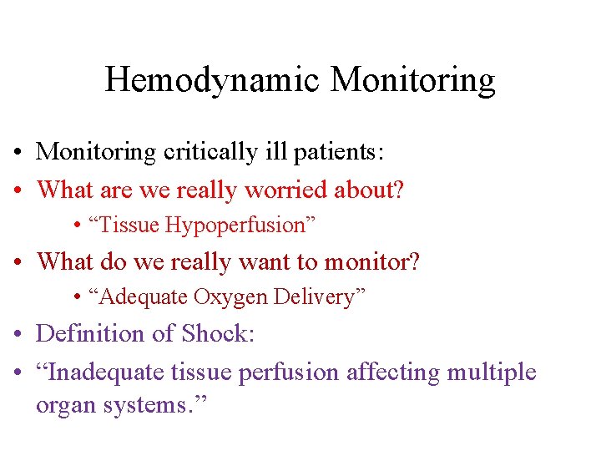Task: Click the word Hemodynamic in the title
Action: pos(213,80)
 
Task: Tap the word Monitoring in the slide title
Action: pos(412,80)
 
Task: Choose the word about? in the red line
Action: pos(369,190)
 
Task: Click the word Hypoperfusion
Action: pos(238,225)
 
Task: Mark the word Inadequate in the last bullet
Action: pos(104,371)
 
